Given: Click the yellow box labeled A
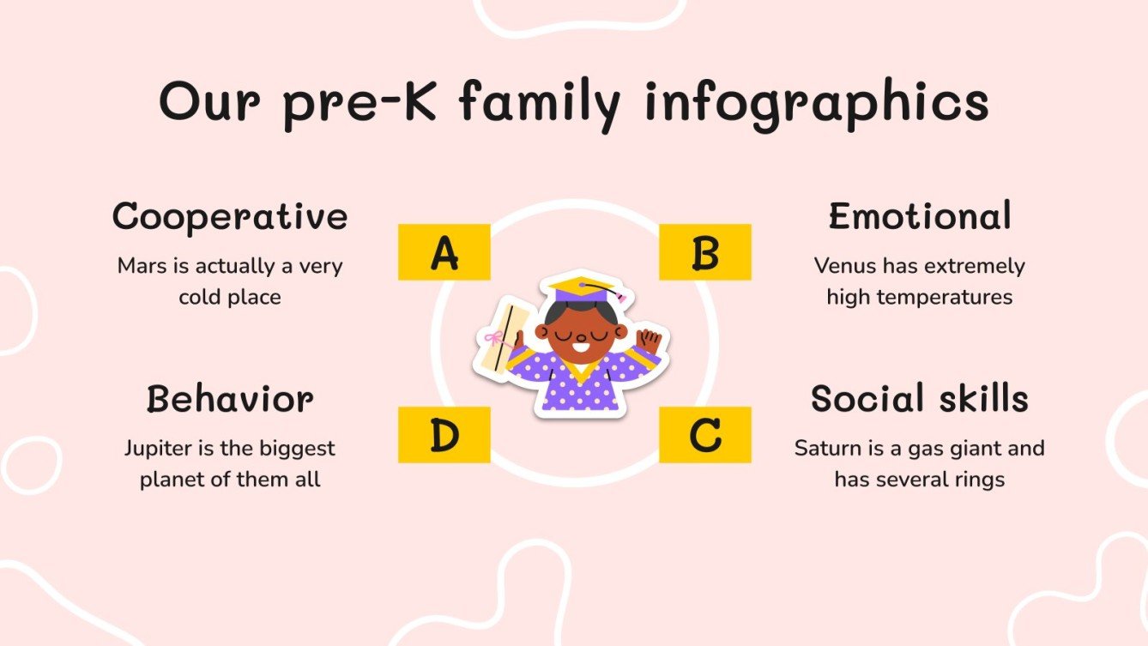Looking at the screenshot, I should [x=444, y=252].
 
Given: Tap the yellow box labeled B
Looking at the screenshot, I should [x=704, y=252].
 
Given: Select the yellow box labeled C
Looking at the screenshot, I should [x=704, y=435].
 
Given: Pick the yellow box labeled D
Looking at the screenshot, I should [x=444, y=435].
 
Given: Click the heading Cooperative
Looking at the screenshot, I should [x=230, y=217].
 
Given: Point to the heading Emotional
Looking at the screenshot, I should [x=919, y=217].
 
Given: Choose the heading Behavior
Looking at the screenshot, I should [x=230, y=400].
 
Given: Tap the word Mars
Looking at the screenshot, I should [x=142, y=266].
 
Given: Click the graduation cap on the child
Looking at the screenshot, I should [x=583, y=290].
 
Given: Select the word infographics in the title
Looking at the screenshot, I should [x=817, y=103].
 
